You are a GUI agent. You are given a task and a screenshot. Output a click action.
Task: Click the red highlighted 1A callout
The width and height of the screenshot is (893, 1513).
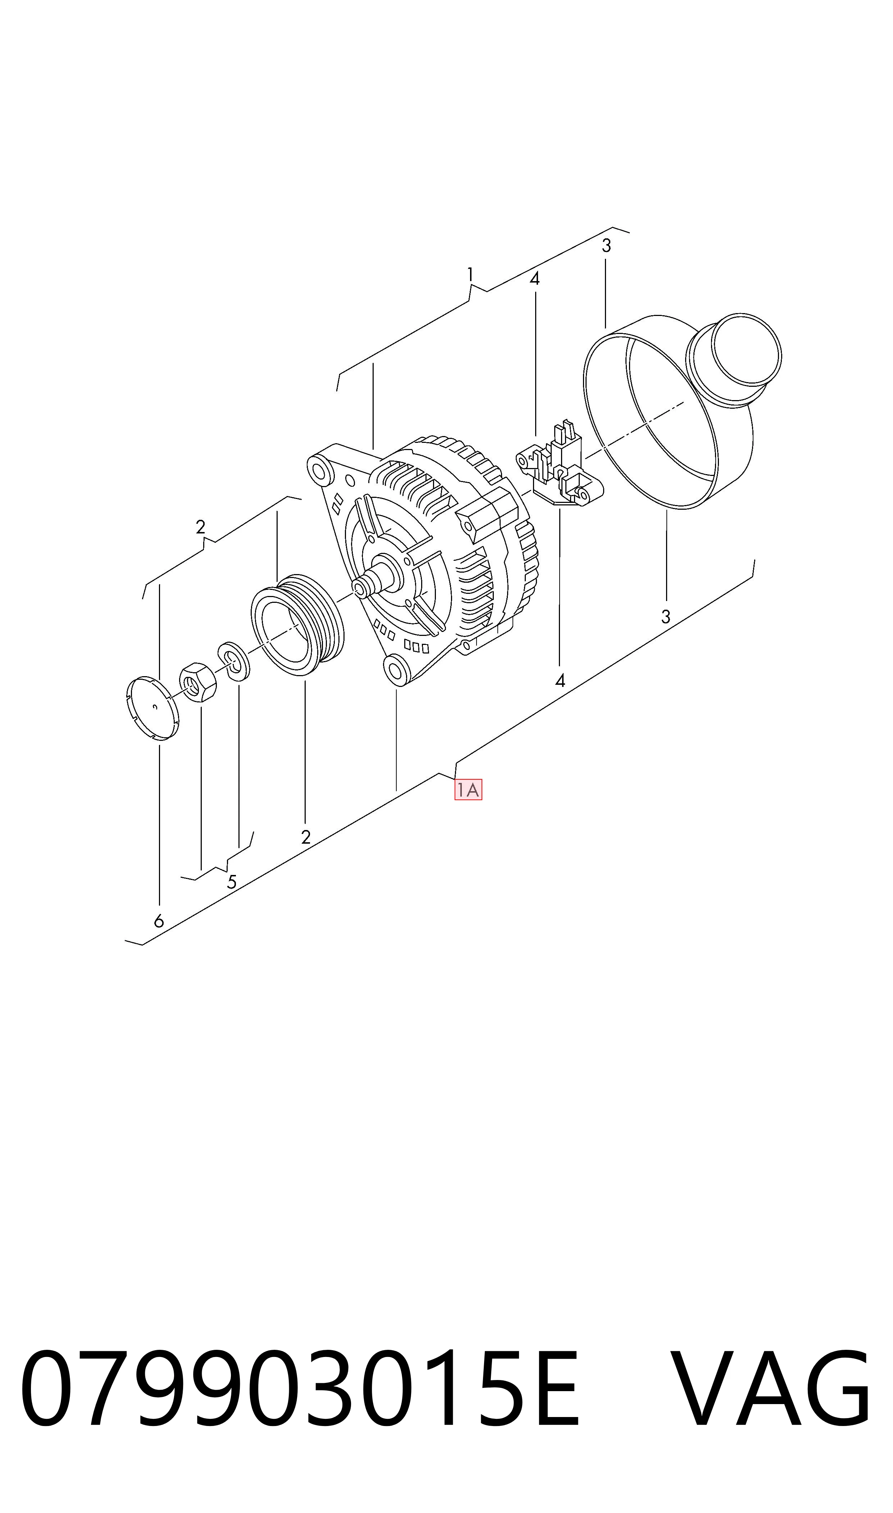tap(468, 790)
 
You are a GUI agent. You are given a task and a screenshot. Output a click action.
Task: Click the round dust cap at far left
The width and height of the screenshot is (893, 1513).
tap(154, 708)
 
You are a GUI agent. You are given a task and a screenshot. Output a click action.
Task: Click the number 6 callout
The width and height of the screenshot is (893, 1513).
tap(159, 921)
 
